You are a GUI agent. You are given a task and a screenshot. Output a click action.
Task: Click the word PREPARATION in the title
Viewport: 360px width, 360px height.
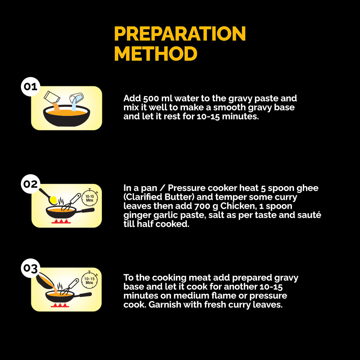tap(180, 33)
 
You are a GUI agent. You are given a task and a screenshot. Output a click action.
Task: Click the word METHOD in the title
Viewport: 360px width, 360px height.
tap(156, 54)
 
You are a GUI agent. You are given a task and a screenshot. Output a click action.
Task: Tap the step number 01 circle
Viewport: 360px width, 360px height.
tap(31, 86)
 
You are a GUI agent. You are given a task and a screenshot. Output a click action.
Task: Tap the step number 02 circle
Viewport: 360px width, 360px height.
tap(31, 184)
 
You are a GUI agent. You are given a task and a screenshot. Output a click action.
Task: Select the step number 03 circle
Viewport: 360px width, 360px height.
tap(31, 268)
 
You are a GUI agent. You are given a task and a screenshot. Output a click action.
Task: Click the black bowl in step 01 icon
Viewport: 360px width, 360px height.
tap(67, 116)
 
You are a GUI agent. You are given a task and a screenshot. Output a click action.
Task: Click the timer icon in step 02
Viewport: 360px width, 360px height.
tap(90, 198)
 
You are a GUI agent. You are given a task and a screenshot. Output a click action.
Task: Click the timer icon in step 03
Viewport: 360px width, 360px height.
tap(90, 280)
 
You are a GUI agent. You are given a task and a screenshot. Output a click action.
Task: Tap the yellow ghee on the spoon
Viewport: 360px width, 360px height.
tap(53, 200)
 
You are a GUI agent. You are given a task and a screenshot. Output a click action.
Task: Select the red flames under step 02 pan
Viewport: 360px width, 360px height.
tap(61, 221)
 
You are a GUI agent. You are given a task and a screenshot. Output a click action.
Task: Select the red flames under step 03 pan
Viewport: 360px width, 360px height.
tap(60, 305)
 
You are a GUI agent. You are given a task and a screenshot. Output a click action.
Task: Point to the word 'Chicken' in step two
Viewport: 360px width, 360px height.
tap(238, 206)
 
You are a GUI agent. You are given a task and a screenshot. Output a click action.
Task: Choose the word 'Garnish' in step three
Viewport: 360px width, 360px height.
tap(165, 305)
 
